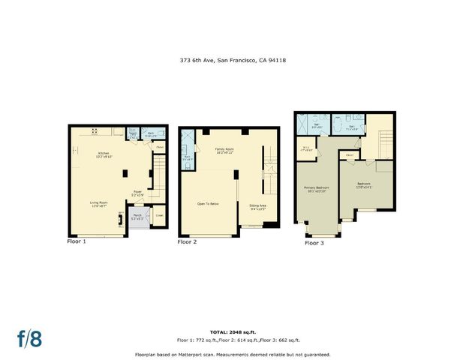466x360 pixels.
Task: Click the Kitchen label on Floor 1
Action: (x=104, y=155)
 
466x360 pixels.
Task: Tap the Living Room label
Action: (x=99, y=203)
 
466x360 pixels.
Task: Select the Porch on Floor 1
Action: (x=138, y=217)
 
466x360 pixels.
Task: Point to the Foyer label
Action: (x=138, y=193)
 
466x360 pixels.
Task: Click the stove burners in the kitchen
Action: (x=95, y=130)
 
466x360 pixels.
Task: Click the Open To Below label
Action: (x=208, y=203)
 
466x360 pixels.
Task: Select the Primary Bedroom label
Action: (x=316, y=188)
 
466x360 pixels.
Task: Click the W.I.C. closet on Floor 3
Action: (x=306, y=148)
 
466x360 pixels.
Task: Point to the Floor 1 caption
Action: (x=77, y=241)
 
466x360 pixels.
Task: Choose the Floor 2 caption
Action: (x=187, y=242)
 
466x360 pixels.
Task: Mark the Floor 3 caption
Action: (x=314, y=243)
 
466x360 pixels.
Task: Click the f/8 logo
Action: (x=29, y=338)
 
